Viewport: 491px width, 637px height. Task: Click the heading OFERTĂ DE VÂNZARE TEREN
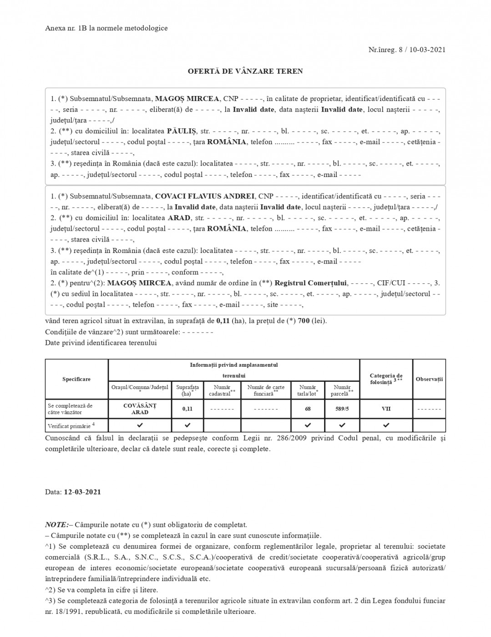(245, 71)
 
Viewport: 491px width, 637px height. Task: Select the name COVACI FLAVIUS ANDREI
(204, 196)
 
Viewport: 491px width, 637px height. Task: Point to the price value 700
(304, 321)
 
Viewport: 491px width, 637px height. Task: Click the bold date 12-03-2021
(82, 492)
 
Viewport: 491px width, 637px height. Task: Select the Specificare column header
(76, 379)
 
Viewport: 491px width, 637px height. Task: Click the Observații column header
(429, 379)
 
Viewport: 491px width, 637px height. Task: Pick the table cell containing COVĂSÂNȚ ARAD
(140, 409)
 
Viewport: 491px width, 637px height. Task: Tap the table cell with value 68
(308, 409)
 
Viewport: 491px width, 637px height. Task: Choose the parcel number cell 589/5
(342, 409)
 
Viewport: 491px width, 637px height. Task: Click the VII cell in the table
(386, 409)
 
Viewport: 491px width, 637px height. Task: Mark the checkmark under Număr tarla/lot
(308, 425)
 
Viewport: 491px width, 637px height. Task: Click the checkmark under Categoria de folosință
(386, 425)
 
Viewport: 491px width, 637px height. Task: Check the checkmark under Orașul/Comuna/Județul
(140, 425)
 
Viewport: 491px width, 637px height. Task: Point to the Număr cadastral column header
(222, 390)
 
